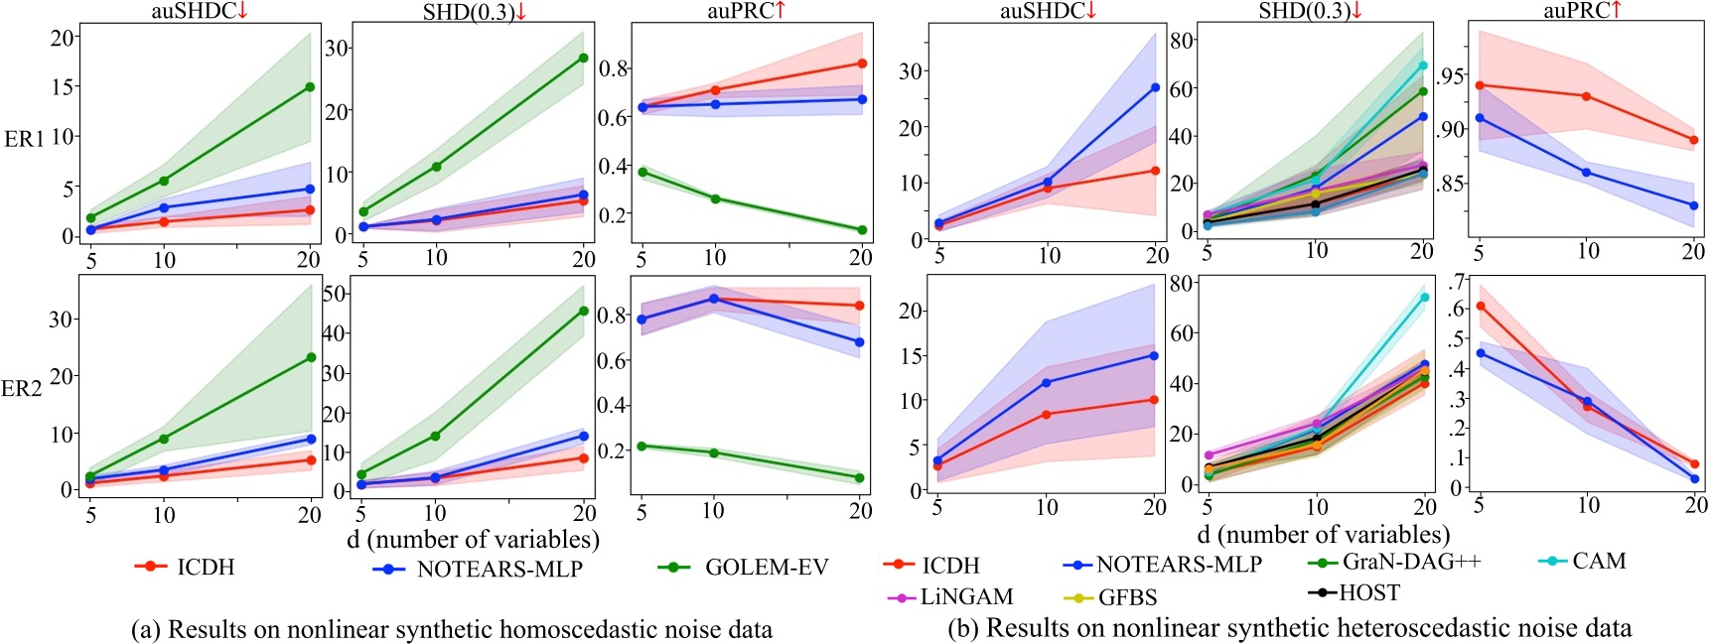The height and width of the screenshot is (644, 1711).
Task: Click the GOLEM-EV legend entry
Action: [766, 568]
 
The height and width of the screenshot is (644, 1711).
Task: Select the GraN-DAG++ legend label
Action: [1411, 562]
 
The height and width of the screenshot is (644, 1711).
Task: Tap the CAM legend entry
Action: [1599, 562]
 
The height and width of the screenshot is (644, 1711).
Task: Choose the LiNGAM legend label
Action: [966, 597]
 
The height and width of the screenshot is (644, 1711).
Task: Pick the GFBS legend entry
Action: [1127, 598]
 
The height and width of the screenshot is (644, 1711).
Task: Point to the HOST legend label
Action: [1368, 593]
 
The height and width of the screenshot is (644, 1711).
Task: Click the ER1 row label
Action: [24, 139]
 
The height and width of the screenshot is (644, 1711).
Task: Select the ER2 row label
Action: [22, 389]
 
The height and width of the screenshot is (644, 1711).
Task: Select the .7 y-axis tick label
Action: [1456, 282]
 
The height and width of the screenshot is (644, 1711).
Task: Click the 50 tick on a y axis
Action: [335, 294]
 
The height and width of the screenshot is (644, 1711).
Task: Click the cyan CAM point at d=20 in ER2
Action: [1424, 297]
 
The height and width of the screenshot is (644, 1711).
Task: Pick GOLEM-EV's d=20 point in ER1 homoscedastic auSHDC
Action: [310, 87]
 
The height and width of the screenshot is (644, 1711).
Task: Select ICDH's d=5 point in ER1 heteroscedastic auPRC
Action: [1480, 85]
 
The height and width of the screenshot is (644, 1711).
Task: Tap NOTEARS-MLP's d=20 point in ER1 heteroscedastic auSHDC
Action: [1155, 88]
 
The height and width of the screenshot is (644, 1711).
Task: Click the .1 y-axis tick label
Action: [1456, 458]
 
